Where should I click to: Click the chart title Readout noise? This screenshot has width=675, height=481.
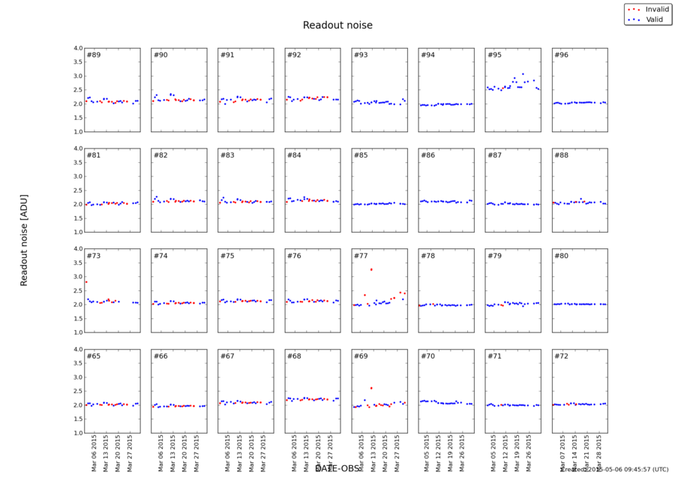(x=337, y=26)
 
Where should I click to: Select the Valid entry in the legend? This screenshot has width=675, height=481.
(x=649, y=18)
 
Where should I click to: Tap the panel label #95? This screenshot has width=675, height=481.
(x=494, y=55)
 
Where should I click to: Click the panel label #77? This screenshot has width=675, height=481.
(x=361, y=256)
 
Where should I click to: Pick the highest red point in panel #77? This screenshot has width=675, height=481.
(x=371, y=269)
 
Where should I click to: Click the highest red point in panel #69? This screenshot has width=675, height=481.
(x=371, y=388)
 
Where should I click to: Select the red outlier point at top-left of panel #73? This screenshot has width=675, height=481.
(x=86, y=282)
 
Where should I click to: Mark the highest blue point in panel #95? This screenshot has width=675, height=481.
(x=523, y=74)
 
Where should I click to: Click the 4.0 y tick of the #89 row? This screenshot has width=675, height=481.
(x=77, y=48)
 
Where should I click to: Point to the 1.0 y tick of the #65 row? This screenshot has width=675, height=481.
(x=77, y=433)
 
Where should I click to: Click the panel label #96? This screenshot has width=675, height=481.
(x=561, y=55)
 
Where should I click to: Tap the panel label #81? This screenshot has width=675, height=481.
(x=93, y=155)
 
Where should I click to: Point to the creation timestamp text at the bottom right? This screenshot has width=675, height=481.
(x=614, y=469)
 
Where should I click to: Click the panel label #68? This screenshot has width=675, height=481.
(x=294, y=356)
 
